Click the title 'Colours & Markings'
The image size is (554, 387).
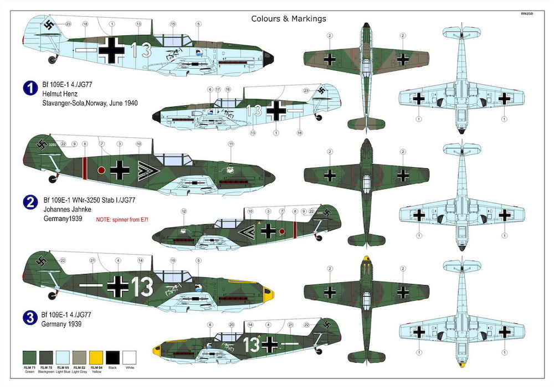289,18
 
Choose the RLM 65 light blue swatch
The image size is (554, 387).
64,358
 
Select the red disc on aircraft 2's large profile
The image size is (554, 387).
101,170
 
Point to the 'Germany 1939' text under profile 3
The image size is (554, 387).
61,324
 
